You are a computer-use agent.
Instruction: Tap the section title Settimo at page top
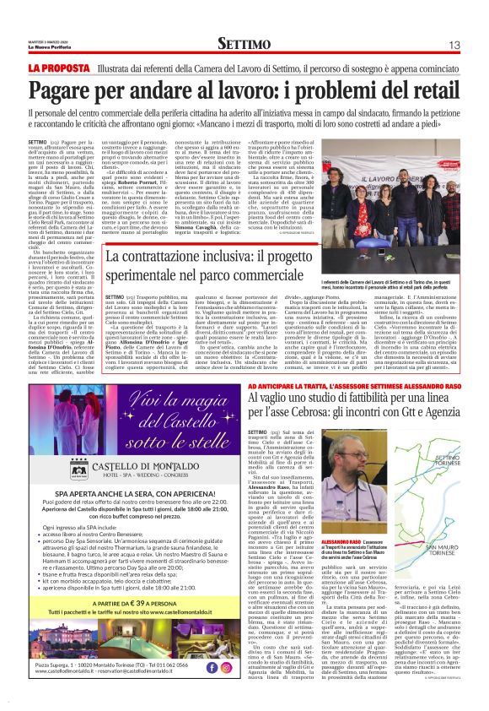point(244,43)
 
